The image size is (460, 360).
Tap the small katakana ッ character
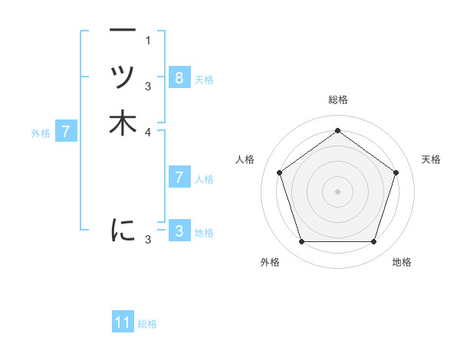(123, 77)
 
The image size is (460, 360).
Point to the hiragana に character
(123, 229)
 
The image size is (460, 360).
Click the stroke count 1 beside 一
(148, 40)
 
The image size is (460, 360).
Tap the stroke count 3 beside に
(148, 240)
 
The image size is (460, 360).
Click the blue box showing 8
(179, 78)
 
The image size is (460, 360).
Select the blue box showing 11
(123, 323)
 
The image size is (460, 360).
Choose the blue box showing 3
(179, 231)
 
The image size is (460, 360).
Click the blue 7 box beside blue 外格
(66, 132)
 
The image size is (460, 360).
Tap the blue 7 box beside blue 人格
(179, 178)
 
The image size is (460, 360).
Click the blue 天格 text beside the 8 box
(204, 79)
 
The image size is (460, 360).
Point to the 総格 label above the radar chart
(337, 100)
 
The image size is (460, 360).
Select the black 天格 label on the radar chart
(432, 159)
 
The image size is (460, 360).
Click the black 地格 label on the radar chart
(402, 262)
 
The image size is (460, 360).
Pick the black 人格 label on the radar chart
(245, 159)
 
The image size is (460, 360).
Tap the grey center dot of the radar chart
(337, 191)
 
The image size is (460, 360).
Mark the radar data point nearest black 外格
(301, 242)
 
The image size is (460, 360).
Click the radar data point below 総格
(337, 131)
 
